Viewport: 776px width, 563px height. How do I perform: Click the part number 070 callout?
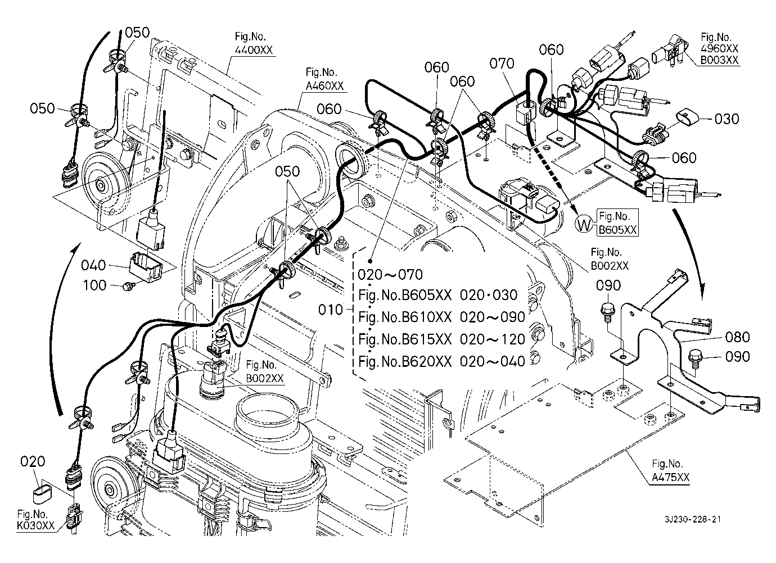point(502,63)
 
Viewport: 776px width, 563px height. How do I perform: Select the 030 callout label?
point(727,119)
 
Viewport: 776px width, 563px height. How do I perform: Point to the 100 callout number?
point(94,285)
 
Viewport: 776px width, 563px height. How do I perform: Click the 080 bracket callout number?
point(738,337)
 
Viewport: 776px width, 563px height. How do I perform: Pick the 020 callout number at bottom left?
point(33,462)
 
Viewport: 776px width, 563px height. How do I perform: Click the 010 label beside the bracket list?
point(331,310)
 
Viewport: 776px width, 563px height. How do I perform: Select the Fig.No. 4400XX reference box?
point(253,44)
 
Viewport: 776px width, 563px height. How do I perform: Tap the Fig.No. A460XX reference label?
point(324,80)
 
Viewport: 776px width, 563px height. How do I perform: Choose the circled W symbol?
point(585,225)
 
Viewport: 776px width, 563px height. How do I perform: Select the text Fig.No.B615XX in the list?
point(405,339)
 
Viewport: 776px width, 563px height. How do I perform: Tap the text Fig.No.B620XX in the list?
point(405,361)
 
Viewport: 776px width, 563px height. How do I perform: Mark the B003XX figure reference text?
point(720,60)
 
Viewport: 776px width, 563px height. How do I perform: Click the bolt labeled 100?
point(128,286)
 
